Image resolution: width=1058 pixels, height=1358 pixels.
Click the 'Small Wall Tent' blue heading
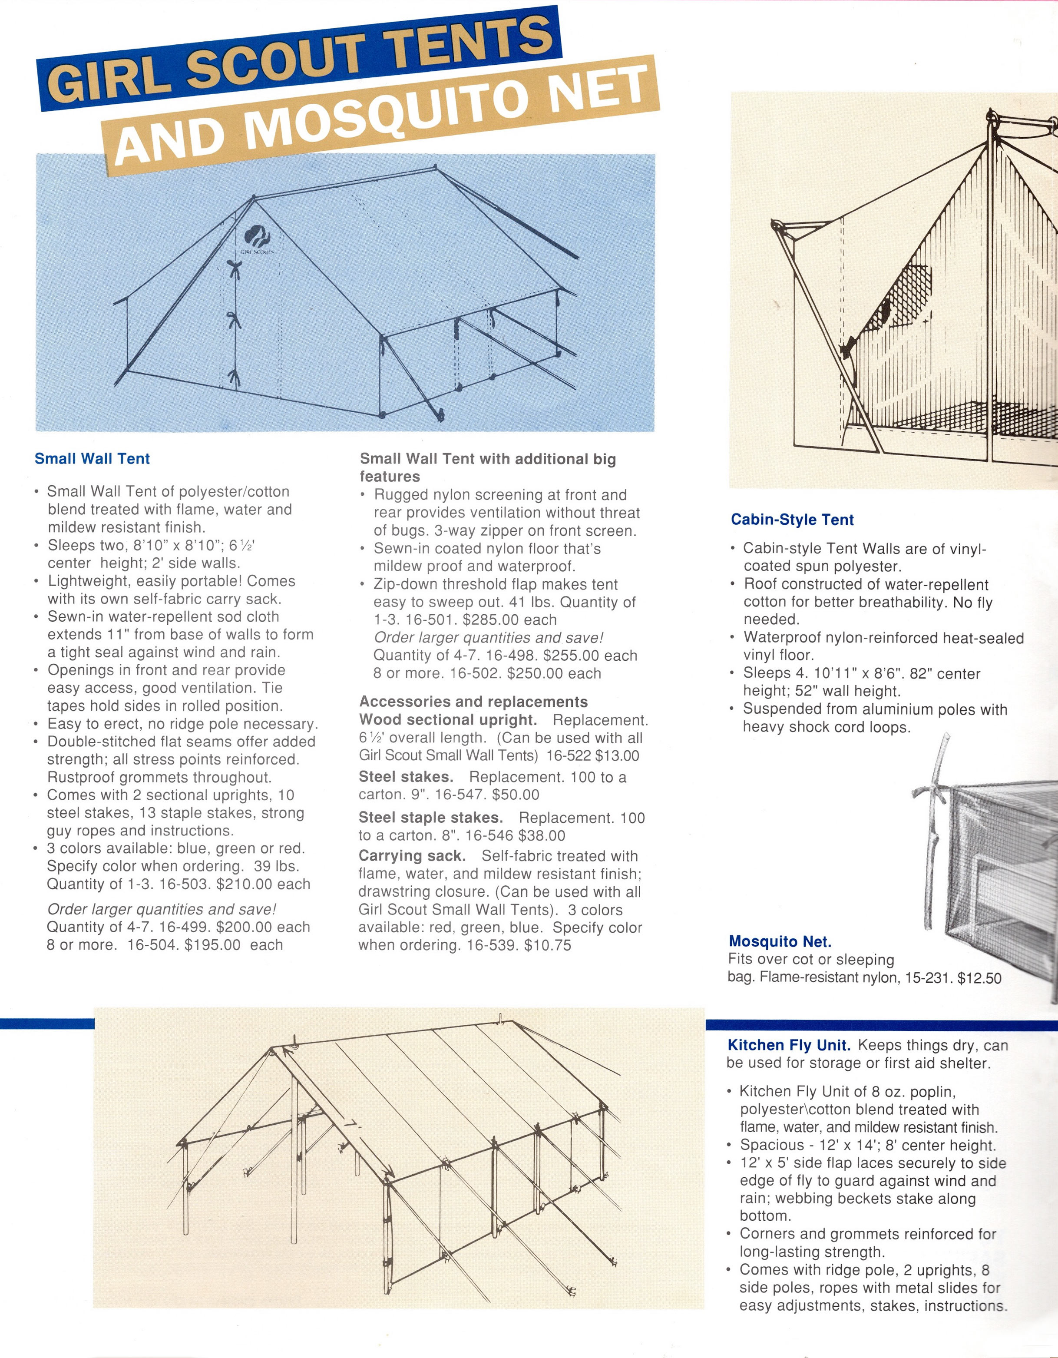[92, 459]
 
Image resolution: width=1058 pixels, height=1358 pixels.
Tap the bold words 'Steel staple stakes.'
[430, 818]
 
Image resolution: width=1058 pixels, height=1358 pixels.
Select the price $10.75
[548, 945]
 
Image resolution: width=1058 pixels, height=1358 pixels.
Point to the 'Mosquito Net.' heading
[780, 941]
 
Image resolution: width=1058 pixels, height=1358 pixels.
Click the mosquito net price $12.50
[979, 978]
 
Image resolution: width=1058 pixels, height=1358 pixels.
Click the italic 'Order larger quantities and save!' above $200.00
[162, 909]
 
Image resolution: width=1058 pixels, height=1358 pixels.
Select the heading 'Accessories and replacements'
[473, 702]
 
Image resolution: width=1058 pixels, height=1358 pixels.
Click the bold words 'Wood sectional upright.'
[448, 720]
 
